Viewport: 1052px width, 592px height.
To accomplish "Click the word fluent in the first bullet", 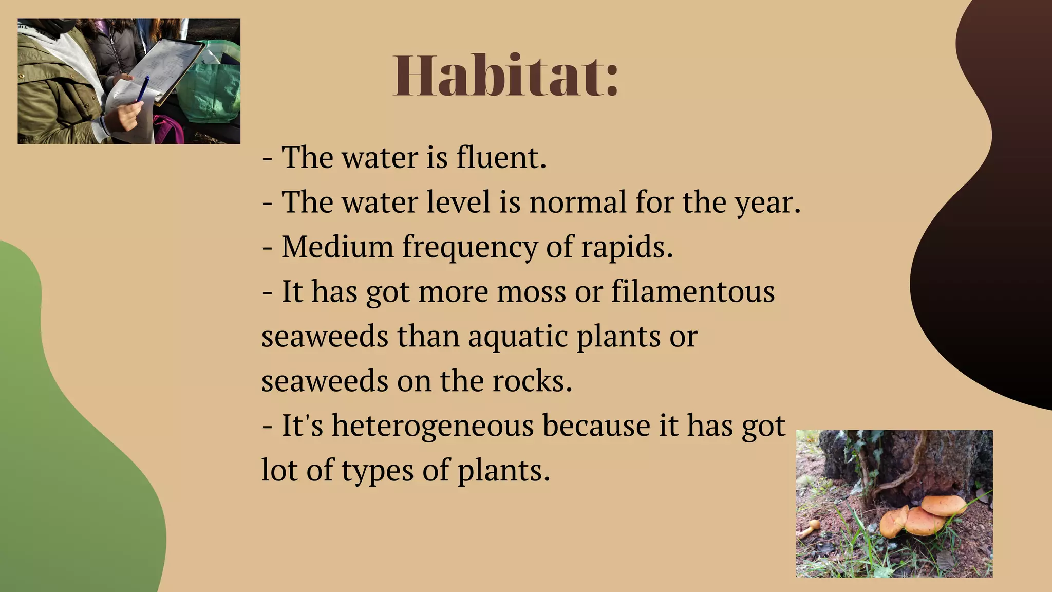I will pyautogui.click(x=501, y=157).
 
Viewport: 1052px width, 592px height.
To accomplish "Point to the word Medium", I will pyautogui.click(x=337, y=247).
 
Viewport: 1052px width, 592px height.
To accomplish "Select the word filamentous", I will pyautogui.click(x=693, y=291).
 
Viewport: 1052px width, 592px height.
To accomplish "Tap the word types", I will pyautogui.click(x=377, y=471).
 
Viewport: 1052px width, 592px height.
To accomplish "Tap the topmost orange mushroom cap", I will pyautogui.click(x=944, y=505).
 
